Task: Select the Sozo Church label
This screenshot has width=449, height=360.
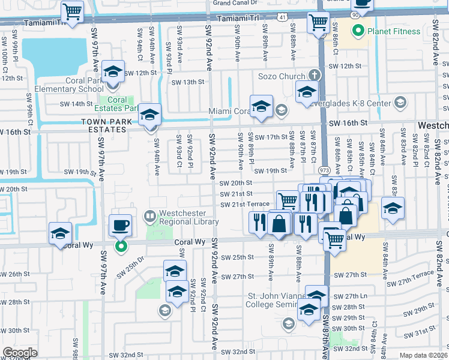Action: [x=282, y=76]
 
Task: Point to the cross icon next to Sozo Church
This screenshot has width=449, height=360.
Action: [x=313, y=76]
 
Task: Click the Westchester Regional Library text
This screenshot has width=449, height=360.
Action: [x=182, y=217]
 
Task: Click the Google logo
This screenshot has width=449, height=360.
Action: [x=20, y=352]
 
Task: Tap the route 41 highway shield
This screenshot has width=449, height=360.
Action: [x=282, y=19]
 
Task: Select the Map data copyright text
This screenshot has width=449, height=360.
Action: [x=424, y=355]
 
